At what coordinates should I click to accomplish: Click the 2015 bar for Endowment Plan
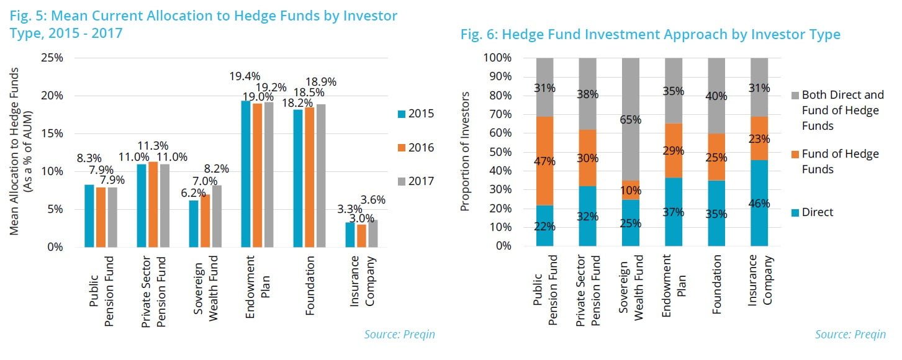click(x=246, y=174)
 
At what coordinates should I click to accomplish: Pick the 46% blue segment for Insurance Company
click(x=759, y=203)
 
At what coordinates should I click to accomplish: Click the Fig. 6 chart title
click(x=650, y=34)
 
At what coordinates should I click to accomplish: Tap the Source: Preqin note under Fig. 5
click(x=399, y=335)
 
